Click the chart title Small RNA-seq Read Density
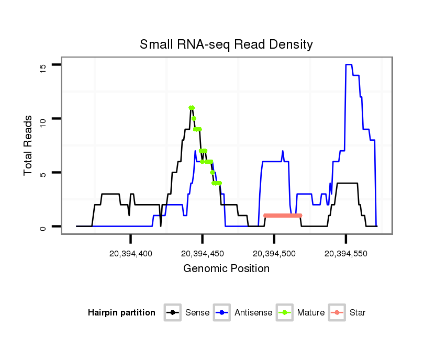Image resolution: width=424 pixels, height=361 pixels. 226,44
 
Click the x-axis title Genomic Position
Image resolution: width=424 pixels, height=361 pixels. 226,269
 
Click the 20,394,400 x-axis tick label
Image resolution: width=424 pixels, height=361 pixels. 130,253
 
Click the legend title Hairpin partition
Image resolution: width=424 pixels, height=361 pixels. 121,313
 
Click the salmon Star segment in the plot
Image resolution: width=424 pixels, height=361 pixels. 283,216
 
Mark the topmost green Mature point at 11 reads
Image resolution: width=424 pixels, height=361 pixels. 192,108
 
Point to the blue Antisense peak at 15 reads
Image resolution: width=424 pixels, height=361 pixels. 349,65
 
